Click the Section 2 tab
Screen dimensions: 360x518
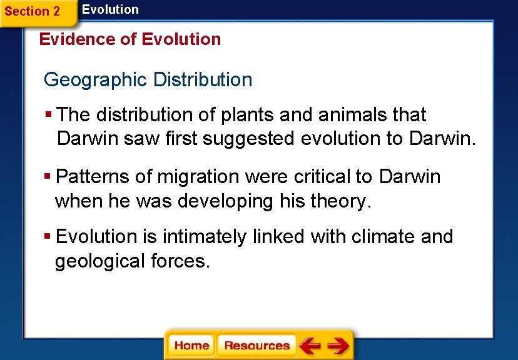point(33,11)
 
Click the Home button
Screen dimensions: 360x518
point(191,346)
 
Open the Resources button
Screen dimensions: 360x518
point(256,346)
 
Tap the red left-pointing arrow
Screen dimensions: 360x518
point(310,346)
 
